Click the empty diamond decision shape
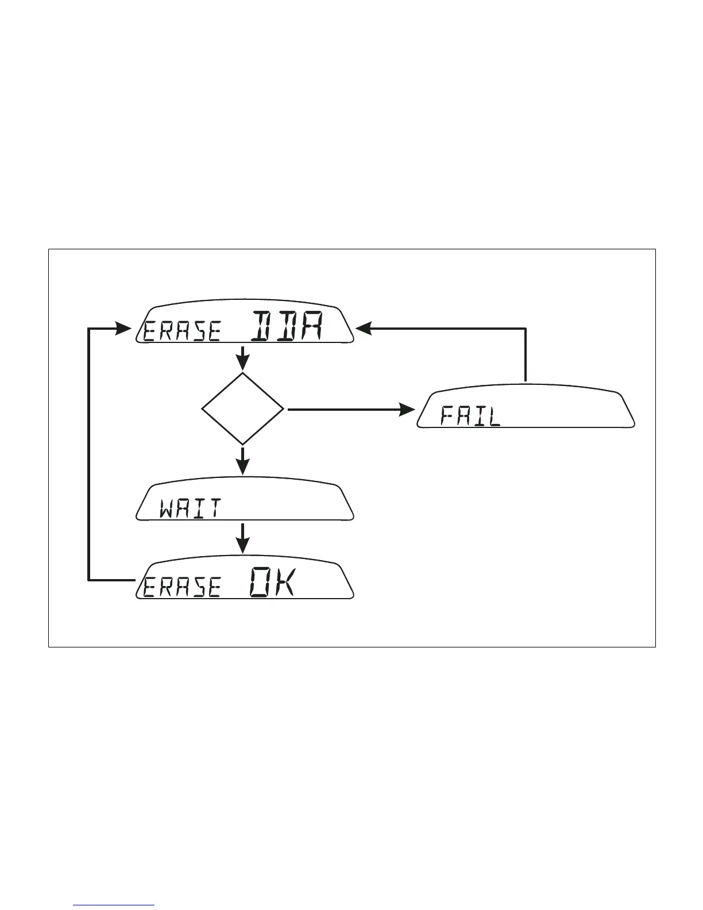pos(243,409)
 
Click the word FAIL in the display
pos(470,415)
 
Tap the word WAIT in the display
pos(191,508)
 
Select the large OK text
pos(273,583)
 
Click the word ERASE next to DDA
pos(182,332)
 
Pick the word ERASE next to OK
pos(182,588)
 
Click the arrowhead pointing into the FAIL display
pos(407,410)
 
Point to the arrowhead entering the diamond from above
pos(243,363)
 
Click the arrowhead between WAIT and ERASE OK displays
pos(244,545)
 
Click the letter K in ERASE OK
pos(284,583)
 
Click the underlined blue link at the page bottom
pos(114,905)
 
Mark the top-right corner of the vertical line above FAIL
pos(526,329)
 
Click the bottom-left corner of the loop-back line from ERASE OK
pos(88,580)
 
